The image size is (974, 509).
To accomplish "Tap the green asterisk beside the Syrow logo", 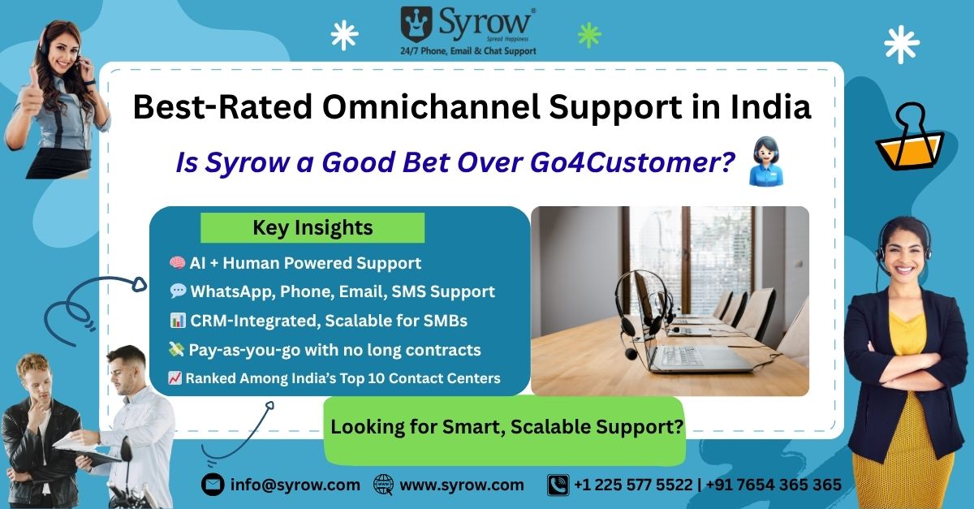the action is click(589, 35).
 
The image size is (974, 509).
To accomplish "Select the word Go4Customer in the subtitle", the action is click(632, 162).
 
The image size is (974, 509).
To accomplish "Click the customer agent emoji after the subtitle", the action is click(766, 161).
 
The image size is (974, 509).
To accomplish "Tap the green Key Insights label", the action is click(312, 227).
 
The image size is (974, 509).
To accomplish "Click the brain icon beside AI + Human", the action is click(177, 262).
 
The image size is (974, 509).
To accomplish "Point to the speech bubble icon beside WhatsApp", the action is click(178, 291).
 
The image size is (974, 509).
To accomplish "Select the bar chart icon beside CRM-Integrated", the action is click(178, 321).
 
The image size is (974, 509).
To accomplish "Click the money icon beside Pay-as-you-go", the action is click(176, 349).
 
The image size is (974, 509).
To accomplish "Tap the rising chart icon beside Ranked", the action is click(175, 378).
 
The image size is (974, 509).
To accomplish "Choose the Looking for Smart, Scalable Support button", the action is click(505, 430).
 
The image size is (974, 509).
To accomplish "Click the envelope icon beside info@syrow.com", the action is click(213, 485).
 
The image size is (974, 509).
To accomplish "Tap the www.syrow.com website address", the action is click(462, 485).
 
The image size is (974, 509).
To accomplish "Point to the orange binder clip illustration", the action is click(910, 137).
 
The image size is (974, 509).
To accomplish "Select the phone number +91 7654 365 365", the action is click(774, 485).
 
